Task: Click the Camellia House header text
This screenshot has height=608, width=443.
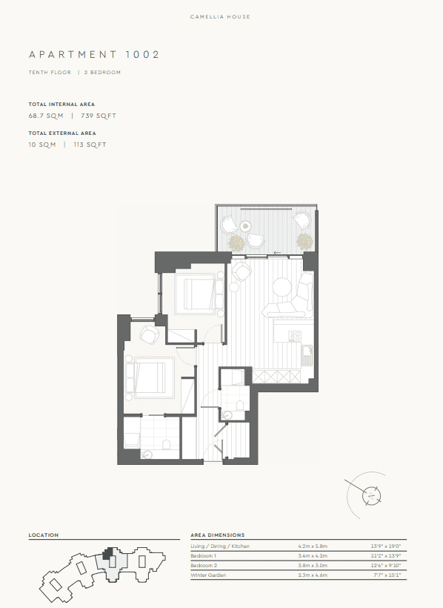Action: [x=220, y=16]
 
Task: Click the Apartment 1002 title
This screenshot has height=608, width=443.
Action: [x=94, y=54]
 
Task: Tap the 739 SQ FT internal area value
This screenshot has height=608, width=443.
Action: [x=99, y=116]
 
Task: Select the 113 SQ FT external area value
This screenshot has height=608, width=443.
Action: [x=90, y=145]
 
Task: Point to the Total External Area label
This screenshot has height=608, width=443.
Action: [x=62, y=133]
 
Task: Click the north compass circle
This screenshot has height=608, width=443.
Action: [x=372, y=495]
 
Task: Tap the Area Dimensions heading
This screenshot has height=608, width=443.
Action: [x=218, y=535]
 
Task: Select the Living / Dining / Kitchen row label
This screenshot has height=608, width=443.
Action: [x=220, y=546]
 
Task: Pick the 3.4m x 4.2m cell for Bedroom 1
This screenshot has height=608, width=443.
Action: [x=313, y=556]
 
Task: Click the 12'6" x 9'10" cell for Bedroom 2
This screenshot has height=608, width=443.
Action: [x=386, y=565]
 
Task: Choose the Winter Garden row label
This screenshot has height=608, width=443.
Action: [x=208, y=575]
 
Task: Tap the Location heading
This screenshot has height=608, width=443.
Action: [x=44, y=535]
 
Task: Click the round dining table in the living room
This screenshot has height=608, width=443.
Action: [x=282, y=288]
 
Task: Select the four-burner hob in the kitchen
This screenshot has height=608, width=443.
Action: [x=295, y=336]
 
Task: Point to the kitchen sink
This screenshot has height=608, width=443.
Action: [x=307, y=355]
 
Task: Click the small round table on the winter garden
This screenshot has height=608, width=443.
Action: [x=245, y=225]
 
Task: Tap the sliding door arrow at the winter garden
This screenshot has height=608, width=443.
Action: [x=277, y=253]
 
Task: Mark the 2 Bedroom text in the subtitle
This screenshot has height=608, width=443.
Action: [x=102, y=73]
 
